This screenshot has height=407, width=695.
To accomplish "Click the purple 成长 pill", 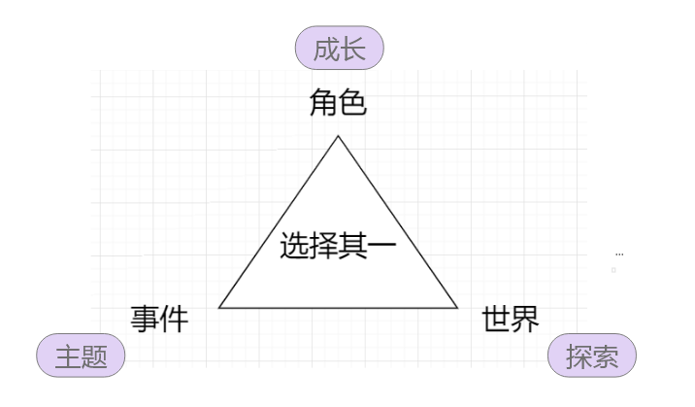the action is [340, 49].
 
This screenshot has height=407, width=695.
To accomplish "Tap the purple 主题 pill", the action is [81, 356].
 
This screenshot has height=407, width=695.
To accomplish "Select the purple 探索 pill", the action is [592, 356].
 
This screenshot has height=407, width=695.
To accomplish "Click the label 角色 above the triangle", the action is [339, 102].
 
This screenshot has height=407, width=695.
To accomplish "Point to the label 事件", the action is [159, 318].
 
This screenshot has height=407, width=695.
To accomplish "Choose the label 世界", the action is [511, 318].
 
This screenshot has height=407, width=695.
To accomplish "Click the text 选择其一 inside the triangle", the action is [339, 246].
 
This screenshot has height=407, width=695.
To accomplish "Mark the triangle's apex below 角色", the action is [338, 136].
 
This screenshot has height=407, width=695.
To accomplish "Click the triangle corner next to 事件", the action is [220, 307].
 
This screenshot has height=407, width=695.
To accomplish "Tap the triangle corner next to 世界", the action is [456, 307].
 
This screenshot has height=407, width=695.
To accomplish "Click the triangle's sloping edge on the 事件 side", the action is [280, 221].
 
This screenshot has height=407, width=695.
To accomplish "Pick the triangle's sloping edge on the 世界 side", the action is [397, 221].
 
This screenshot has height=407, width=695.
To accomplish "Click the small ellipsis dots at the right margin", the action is [619, 254].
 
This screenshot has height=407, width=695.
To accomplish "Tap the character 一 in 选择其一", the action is [383, 246].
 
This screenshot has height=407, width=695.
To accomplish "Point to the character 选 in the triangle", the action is [295, 246].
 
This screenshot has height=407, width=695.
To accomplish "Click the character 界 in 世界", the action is [525, 318].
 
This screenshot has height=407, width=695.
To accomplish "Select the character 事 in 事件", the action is [145, 318].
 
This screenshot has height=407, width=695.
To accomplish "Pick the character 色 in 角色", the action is [353, 102].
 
